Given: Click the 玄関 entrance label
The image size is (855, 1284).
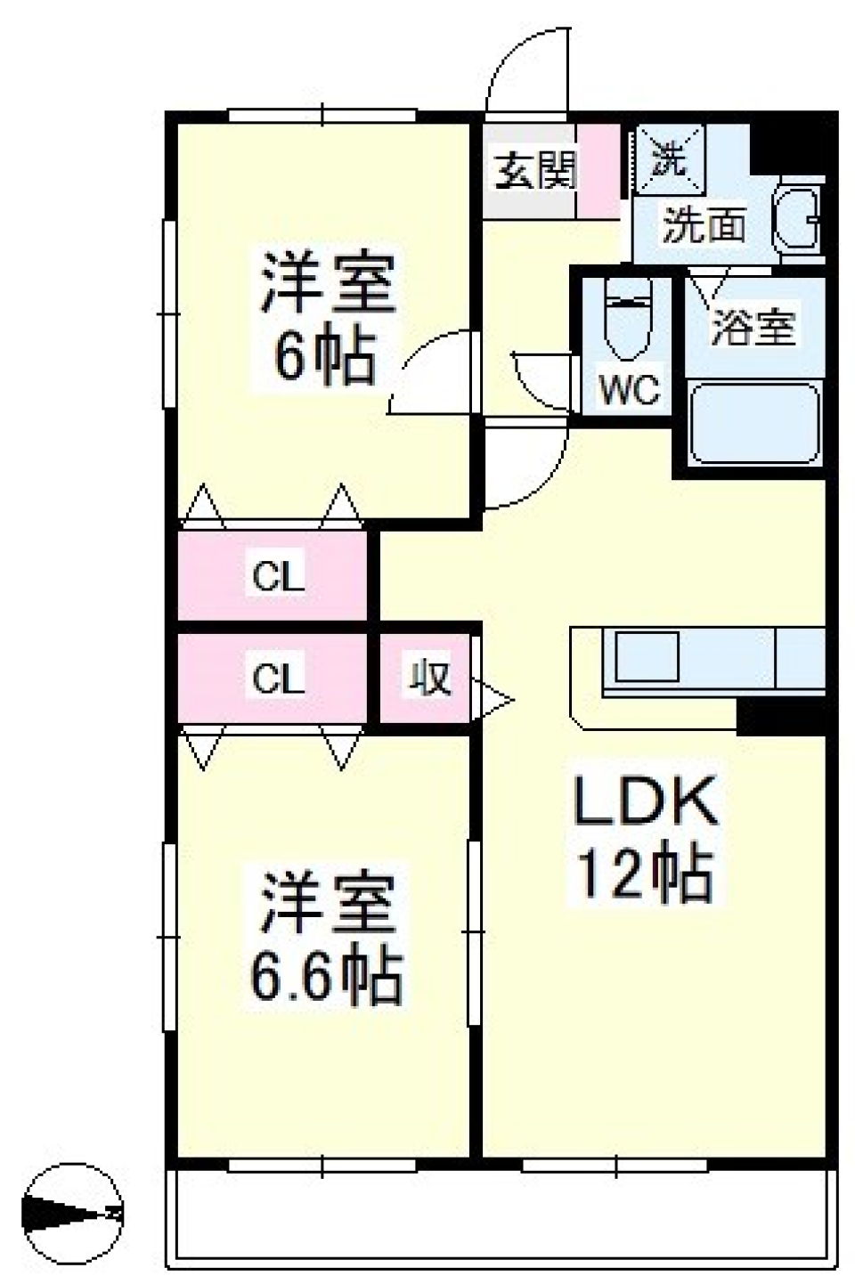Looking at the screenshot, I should [x=535, y=169].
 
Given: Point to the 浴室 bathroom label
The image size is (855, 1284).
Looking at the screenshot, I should [x=753, y=328].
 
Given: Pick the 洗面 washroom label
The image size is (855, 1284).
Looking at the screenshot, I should [x=704, y=225].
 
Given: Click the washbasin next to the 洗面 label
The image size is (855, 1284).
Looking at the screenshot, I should [x=797, y=219].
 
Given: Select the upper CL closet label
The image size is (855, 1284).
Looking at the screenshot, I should [x=278, y=577].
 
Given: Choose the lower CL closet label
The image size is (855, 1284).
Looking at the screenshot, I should [x=278, y=679].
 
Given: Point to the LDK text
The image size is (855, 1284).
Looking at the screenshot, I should [x=645, y=800].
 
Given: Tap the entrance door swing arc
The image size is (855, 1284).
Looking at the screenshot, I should [x=525, y=71].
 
